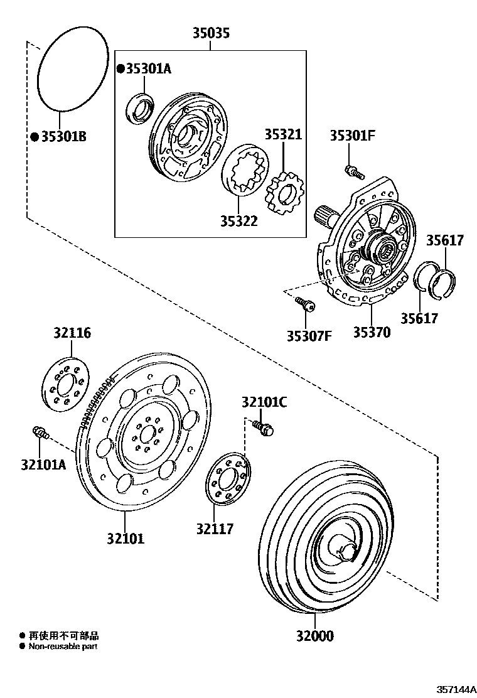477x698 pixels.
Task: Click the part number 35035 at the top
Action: pyautogui.click(x=210, y=33)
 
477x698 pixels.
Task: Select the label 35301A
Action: pyautogui.click(x=148, y=69)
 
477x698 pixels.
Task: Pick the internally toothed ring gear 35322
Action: pyautogui.click(x=246, y=171)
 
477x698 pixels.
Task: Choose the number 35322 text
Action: pyautogui.click(x=238, y=221)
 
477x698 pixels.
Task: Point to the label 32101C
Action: pyautogui.click(x=264, y=402)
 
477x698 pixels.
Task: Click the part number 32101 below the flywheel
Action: pyautogui.click(x=125, y=538)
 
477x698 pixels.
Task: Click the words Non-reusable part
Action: pyautogui.click(x=63, y=646)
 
